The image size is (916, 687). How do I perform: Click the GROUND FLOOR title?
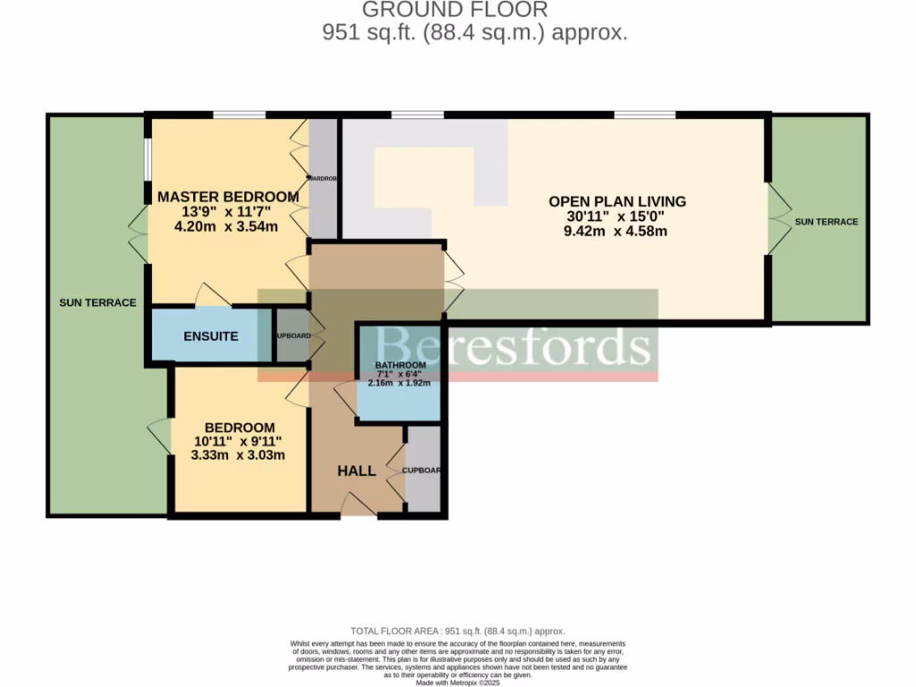click(x=454, y=11)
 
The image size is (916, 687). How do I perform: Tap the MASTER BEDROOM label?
click(x=227, y=197)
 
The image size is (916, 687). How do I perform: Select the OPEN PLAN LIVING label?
click(x=617, y=201)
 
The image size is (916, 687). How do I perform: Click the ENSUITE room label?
click(x=211, y=336)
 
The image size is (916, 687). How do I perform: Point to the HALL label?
click(x=356, y=471)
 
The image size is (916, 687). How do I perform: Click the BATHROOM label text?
click(x=400, y=365)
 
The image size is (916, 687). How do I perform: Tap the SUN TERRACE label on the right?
click(x=827, y=222)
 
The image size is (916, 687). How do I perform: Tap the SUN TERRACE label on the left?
click(x=98, y=302)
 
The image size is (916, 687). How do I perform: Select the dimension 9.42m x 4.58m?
click(x=617, y=232)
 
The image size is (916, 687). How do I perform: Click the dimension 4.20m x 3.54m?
click(x=227, y=226)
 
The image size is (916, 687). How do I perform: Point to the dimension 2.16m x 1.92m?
click(x=400, y=383)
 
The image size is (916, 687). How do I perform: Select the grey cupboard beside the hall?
click(x=423, y=470)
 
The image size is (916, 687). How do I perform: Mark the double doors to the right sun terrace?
click(x=778, y=221)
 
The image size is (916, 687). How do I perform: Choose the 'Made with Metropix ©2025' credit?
click(x=458, y=683)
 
